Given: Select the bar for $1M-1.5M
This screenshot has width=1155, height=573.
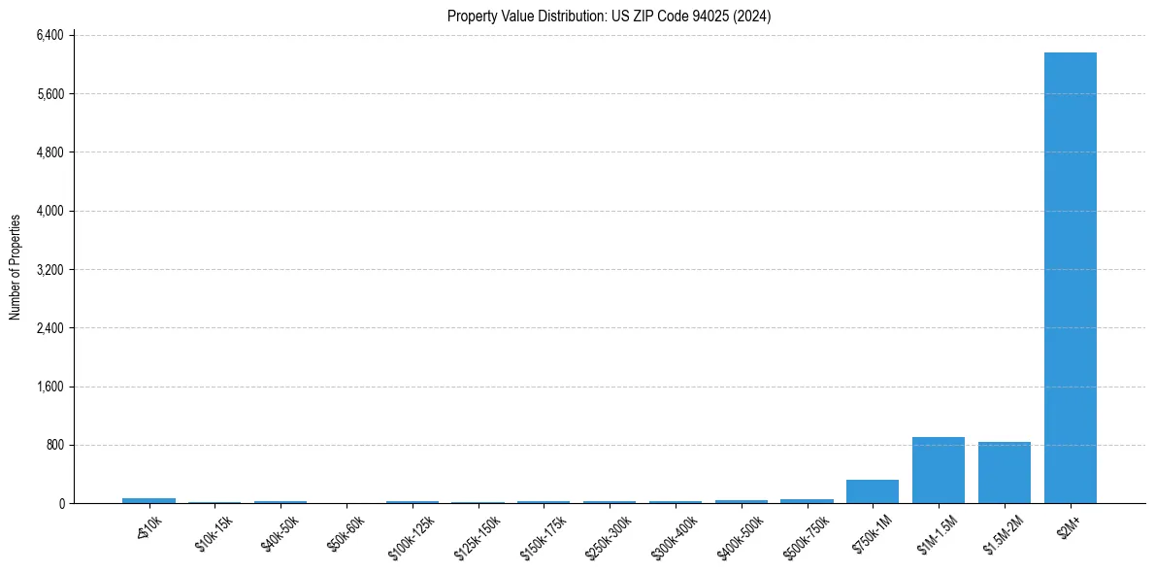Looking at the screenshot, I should pyautogui.click(x=938, y=470).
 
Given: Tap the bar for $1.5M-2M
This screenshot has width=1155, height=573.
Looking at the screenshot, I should pyautogui.click(x=1004, y=472).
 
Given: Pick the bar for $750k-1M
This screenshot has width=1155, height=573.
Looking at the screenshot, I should pyautogui.click(x=872, y=491).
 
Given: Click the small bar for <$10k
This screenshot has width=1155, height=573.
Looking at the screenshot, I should pyautogui.click(x=148, y=500).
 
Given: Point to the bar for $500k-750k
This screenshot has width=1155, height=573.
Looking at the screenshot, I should pyautogui.click(x=807, y=501).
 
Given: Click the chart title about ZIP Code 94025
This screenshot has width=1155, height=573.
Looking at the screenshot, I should pyautogui.click(x=609, y=17).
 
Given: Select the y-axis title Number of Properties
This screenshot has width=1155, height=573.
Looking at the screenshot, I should pyautogui.click(x=16, y=267).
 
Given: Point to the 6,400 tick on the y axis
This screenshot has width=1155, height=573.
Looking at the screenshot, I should pyautogui.click(x=49, y=36).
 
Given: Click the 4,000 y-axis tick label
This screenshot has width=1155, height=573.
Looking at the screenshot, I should pyautogui.click(x=49, y=212).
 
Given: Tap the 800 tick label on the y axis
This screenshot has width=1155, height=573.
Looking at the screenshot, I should pyautogui.click(x=54, y=445).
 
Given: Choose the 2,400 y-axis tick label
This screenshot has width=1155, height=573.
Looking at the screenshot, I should pyautogui.click(x=49, y=328).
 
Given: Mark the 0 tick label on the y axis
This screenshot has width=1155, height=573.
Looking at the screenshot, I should pyautogui.click(x=60, y=503).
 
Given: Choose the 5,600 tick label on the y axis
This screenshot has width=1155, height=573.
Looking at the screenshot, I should pyautogui.click(x=49, y=94).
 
